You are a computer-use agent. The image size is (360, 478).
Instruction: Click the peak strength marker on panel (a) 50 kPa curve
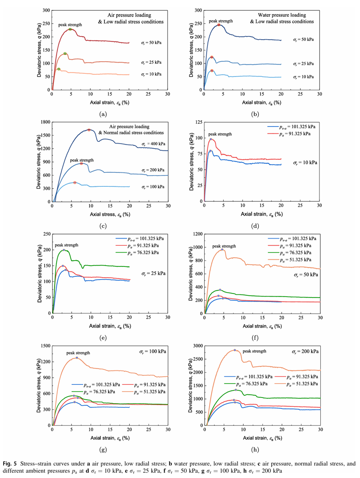pos(70,29)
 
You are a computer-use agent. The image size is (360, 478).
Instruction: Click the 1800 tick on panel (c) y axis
pos(46,122)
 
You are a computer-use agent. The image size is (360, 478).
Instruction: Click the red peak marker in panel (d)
pos(211,139)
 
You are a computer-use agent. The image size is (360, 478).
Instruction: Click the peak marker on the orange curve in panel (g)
pos(77,358)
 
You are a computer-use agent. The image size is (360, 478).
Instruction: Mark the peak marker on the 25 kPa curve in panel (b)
pos(211,57)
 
